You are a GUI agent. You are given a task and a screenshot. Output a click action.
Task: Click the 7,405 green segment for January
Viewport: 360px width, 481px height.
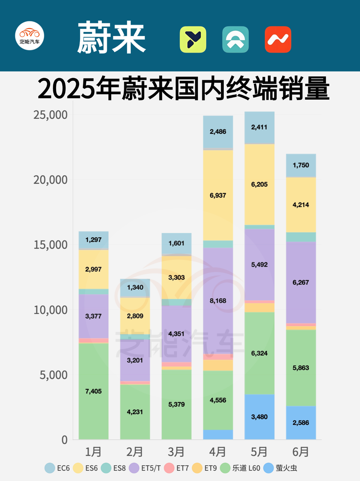(93, 391)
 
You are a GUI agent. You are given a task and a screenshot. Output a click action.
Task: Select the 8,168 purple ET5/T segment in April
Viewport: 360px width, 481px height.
(218, 301)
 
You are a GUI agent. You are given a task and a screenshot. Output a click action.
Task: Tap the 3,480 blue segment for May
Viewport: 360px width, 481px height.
(259, 417)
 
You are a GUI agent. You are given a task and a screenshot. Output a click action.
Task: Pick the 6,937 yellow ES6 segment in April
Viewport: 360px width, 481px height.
(218, 195)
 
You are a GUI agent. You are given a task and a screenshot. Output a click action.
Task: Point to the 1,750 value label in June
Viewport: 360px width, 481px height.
(301, 165)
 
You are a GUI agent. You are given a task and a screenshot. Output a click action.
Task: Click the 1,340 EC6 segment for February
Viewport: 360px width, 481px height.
(135, 287)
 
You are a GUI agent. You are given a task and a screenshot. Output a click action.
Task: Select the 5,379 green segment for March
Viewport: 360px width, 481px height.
(176, 404)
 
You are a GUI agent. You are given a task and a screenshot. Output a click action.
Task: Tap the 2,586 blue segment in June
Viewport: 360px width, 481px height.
(301, 423)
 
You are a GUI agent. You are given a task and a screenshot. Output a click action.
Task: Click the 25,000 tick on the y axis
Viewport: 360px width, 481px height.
(50, 115)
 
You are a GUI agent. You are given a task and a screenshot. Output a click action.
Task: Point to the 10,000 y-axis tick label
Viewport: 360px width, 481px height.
(50, 310)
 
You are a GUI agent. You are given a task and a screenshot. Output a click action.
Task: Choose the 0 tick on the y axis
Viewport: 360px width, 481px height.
(65, 440)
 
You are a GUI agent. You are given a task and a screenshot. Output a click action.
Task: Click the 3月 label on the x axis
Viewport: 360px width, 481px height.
(176, 452)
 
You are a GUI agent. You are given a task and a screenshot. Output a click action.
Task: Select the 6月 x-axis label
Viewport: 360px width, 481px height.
(301, 452)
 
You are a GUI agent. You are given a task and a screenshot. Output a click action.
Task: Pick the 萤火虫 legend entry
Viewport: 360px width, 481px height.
(280, 468)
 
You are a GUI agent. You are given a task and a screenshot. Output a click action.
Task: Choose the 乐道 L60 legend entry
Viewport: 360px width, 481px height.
(240, 468)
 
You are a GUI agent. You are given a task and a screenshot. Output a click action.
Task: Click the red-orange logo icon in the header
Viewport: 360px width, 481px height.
(278, 39)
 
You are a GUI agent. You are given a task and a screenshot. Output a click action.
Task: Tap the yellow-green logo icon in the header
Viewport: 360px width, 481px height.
(193, 39)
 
